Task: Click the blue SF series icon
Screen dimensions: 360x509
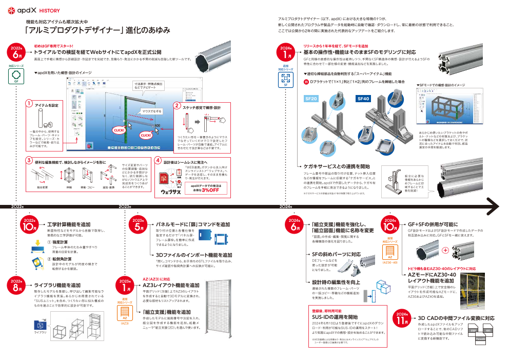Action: pyautogui.click(x=286, y=79)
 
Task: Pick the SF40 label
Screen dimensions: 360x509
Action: pyautogui.click(x=363, y=98)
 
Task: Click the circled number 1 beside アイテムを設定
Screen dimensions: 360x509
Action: pyautogui.click(x=29, y=104)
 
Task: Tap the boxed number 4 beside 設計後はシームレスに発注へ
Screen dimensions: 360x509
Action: pyautogui.click(x=158, y=161)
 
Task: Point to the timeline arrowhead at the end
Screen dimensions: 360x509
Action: pyautogui.click(x=494, y=206)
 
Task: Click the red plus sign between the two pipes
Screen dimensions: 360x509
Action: pyautogui.click(x=445, y=251)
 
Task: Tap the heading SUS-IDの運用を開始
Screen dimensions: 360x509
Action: pyautogui.click(x=335, y=317)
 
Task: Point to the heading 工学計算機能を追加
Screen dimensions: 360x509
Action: pyautogui.click(x=69, y=224)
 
